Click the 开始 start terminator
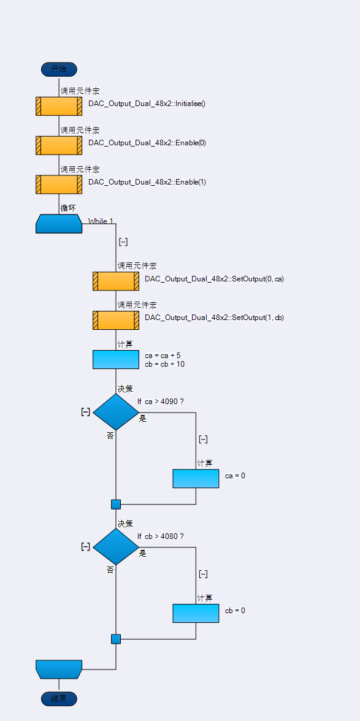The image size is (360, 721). tap(59, 69)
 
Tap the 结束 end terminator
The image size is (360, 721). tap(59, 699)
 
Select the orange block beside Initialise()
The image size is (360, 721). tap(59, 106)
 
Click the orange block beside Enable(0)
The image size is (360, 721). tap(59, 145)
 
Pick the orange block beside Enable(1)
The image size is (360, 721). tap(59, 185)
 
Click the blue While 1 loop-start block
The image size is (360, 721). tap(59, 224)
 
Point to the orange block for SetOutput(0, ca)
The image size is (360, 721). tap(116, 281)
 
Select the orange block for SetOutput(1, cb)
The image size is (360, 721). tap(116, 320)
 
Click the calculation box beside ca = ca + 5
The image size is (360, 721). tap(116, 359)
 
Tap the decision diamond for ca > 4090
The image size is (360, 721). tap(116, 412)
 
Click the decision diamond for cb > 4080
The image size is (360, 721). tap(116, 547)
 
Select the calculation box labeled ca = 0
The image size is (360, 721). tap(196, 478)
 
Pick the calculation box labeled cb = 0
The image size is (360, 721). tap(196, 613)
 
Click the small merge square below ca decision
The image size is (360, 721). tap(116, 505)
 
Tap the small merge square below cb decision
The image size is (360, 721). tap(116, 639)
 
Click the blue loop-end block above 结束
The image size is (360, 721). tap(59, 669)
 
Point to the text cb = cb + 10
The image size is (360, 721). tap(164, 364)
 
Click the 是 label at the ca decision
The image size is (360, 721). tap(143, 418)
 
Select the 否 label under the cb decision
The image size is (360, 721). tap(110, 570)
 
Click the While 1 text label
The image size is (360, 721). tap(101, 221)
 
